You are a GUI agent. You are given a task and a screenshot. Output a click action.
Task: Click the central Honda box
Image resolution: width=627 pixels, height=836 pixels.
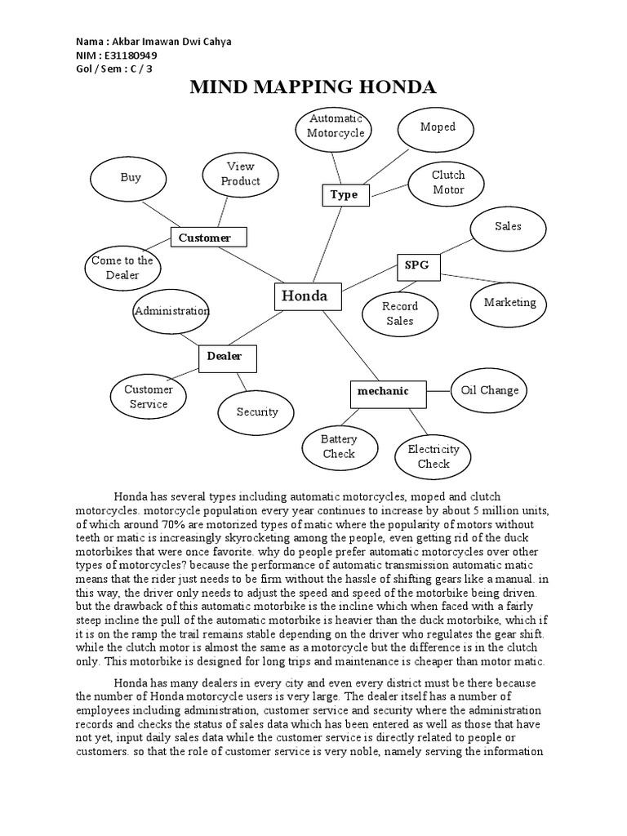click(305, 297)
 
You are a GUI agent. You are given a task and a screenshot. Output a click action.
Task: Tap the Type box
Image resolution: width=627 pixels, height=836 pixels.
click(345, 195)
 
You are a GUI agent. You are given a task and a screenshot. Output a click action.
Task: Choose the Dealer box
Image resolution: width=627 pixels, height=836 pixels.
click(228, 357)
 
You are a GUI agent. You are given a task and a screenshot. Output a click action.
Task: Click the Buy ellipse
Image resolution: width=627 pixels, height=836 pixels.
click(131, 178)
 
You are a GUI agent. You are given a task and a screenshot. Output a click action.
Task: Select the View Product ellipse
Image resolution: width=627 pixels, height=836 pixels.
click(241, 174)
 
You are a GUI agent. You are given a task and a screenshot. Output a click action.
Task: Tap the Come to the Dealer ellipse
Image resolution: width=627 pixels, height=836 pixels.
click(122, 268)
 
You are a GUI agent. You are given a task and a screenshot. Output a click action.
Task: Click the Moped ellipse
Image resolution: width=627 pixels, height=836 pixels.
click(438, 127)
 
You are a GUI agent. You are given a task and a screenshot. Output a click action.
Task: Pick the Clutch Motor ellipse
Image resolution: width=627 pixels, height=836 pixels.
click(448, 182)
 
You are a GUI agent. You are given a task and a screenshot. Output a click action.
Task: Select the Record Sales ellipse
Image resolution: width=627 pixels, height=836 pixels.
click(400, 313)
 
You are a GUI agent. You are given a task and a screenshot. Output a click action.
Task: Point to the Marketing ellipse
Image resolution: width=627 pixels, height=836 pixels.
click(510, 303)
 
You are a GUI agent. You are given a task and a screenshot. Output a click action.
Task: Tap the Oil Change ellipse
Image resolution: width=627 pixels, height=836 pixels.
click(490, 390)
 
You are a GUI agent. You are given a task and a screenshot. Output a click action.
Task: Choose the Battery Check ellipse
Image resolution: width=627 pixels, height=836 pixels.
click(339, 447)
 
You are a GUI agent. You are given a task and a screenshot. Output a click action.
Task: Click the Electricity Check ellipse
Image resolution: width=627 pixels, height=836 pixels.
click(434, 456)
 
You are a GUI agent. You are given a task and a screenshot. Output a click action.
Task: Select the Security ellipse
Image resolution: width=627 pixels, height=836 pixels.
click(257, 412)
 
